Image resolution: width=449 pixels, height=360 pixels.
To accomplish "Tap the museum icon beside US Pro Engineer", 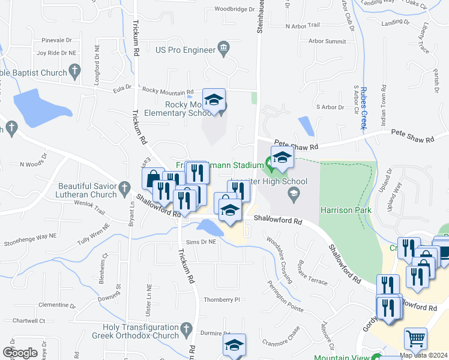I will (x=224, y=48).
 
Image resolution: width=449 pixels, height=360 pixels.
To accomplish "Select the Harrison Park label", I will (x=346, y=211).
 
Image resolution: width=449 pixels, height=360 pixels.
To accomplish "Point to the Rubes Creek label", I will (x=363, y=109).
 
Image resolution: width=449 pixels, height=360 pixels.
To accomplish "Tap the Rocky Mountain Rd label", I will (x=164, y=90).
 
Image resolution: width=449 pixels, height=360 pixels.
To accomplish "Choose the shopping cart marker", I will (x=415, y=338).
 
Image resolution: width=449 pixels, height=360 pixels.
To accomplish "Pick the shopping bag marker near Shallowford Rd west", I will (x=152, y=178).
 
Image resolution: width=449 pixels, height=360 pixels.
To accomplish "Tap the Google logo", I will (x=20, y=352).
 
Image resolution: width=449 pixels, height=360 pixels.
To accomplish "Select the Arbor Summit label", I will (x=327, y=41).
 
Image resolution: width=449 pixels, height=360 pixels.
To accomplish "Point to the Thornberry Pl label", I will (x=221, y=299).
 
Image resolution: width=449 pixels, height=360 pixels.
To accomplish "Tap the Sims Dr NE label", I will (x=200, y=241).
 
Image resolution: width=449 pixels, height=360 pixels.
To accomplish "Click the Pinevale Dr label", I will (x=56, y=41).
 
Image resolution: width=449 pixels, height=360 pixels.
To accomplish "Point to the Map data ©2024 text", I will (x=423, y=355).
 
